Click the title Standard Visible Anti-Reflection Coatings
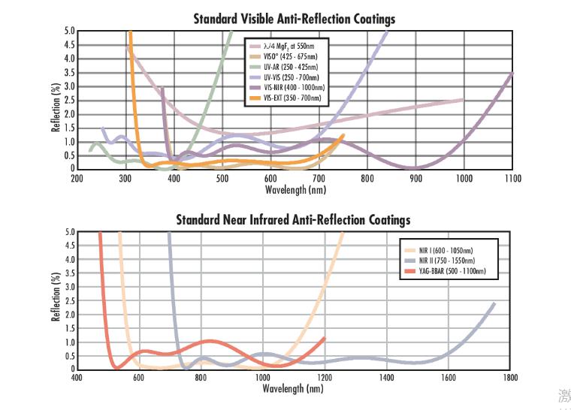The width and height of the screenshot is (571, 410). click(x=294, y=19)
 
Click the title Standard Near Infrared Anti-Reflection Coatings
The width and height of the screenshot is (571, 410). click(x=293, y=220)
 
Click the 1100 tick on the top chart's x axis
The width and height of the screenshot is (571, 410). click(x=513, y=178)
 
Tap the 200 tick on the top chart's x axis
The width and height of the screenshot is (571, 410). click(x=77, y=178)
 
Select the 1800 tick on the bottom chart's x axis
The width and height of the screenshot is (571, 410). click(x=510, y=378)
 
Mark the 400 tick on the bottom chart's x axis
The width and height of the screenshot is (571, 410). click(x=77, y=378)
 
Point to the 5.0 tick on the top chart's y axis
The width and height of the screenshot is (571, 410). click(x=69, y=31)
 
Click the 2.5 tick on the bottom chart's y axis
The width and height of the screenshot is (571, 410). click(x=69, y=300)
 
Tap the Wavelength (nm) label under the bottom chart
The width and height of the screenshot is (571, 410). click(x=293, y=389)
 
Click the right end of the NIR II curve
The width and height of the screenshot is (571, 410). click(x=494, y=303)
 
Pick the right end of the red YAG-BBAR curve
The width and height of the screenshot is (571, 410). click(x=325, y=338)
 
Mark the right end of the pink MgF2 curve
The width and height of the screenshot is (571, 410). click(x=462, y=100)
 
